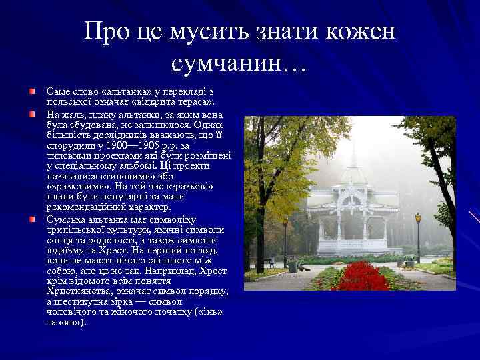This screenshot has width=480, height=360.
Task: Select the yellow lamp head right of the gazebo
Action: click(x=418, y=217)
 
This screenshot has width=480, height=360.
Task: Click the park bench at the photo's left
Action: click(x=269, y=261)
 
